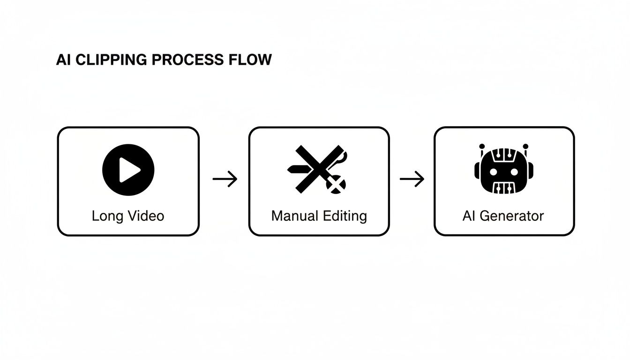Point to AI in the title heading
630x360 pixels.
pos(63,60)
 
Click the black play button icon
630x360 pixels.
pos(128,170)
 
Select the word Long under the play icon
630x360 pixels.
pos(106,216)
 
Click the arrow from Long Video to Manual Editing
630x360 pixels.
pos(225,179)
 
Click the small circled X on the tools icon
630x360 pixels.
pos(335,186)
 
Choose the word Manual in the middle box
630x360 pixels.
pos(294,216)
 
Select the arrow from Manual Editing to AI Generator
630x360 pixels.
pos(412,179)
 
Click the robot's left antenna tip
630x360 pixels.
pos(481,146)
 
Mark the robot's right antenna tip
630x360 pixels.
pos(526,146)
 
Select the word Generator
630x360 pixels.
pos(512,216)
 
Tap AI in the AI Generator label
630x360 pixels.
pos(469,216)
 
